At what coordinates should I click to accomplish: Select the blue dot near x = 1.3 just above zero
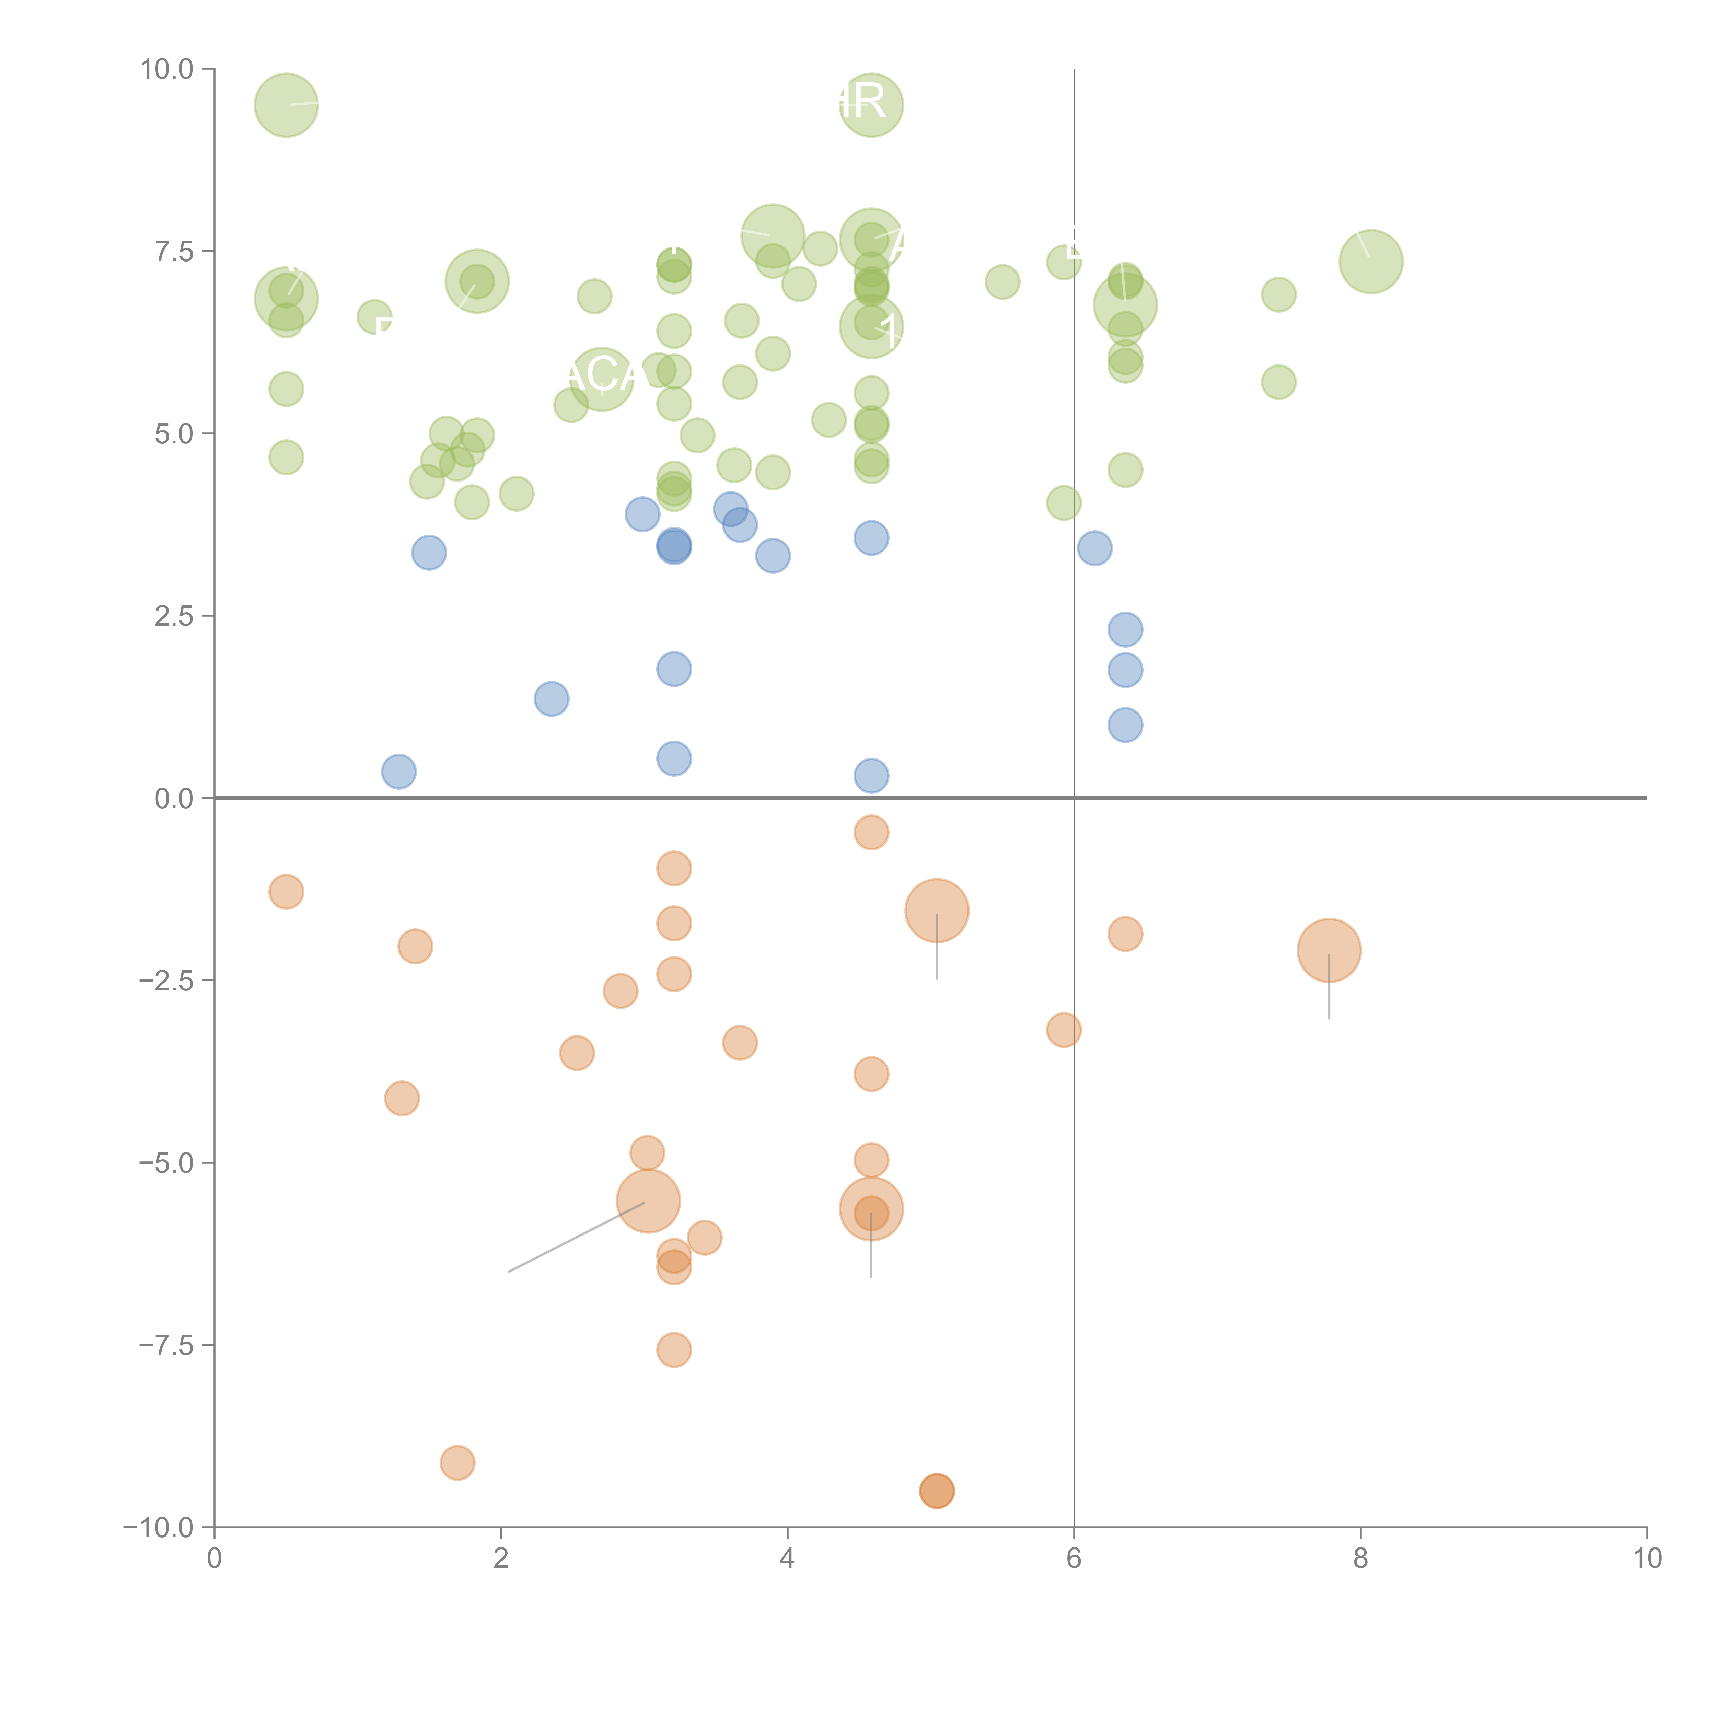pyautogui.click(x=399, y=771)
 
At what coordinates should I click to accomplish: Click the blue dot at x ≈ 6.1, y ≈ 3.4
pyautogui.click(x=1094, y=548)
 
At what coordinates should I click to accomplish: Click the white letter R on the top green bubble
pyautogui.click(x=869, y=102)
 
